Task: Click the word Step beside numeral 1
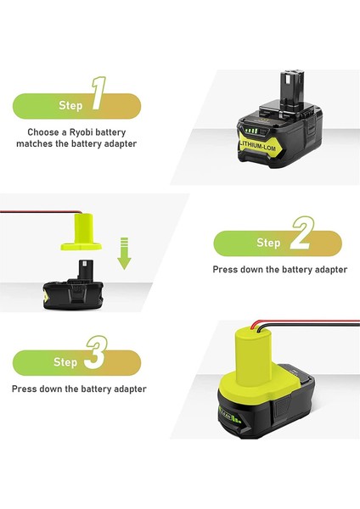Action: [70, 106]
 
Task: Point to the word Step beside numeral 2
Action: [268, 243]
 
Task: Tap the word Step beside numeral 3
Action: [65, 362]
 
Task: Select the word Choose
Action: [42, 132]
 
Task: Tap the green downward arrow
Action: [124, 254]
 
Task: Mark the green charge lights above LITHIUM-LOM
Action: [252, 131]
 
